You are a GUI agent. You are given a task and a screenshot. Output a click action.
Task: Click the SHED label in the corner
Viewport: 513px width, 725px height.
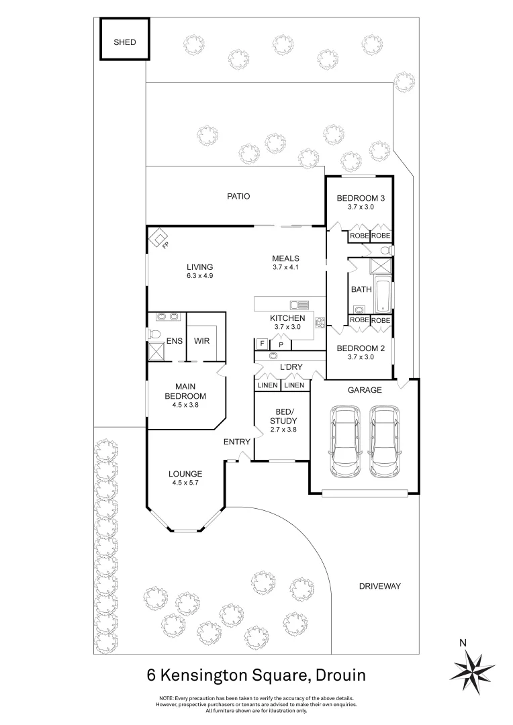pos(124,42)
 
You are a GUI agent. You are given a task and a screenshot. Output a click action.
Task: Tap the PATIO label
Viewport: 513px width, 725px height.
pos(238,197)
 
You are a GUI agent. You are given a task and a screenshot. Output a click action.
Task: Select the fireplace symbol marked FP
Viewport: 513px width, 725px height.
pos(159,238)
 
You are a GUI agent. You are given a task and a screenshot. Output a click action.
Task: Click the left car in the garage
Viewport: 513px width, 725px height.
pos(344,441)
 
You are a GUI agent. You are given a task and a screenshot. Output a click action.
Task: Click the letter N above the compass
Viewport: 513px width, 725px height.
pos(463,642)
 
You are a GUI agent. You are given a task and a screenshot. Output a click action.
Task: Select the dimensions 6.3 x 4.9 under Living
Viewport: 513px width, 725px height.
pos(200,276)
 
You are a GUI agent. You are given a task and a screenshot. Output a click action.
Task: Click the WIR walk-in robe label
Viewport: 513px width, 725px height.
pos(202,341)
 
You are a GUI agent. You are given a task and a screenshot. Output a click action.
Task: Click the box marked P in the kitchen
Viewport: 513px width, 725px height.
pos(281,344)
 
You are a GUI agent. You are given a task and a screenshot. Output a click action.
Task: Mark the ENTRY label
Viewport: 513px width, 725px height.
pos(236,442)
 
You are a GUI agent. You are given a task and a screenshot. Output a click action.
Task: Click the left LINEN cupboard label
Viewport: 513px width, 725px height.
pos(267,385)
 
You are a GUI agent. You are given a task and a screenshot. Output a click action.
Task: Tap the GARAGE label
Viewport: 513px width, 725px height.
pos(364,389)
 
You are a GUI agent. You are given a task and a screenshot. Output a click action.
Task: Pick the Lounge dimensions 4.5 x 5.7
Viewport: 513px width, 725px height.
pos(186,483)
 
